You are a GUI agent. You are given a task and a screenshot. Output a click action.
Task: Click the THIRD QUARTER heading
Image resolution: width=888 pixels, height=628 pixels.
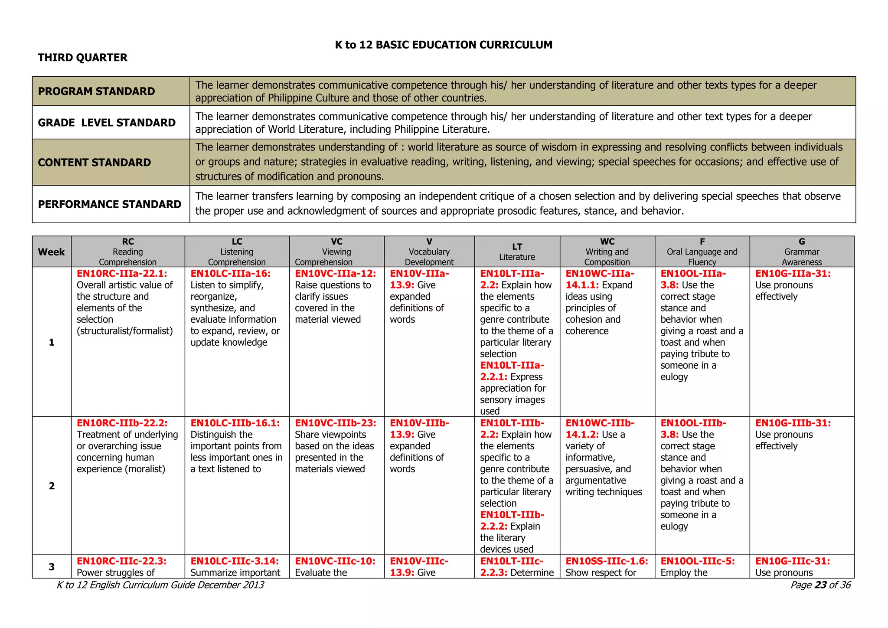coord(82,58)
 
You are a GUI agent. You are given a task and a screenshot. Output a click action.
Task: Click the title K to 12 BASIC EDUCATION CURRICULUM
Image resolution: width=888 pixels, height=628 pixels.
coord(444,45)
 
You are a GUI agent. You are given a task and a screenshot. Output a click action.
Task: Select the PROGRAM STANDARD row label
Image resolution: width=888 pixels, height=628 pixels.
coord(96,92)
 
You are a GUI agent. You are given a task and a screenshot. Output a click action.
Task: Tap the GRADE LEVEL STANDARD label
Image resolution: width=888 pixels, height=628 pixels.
coord(107,123)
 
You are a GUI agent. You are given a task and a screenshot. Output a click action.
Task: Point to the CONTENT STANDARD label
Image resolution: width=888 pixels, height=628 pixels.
coord(94,163)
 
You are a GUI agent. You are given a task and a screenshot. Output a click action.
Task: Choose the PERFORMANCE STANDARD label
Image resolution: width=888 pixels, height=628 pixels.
coord(109,204)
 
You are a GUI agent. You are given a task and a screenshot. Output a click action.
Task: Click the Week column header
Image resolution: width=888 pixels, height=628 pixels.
coord(51,252)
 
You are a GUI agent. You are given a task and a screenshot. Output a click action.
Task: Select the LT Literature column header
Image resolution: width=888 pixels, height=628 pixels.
coord(517,252)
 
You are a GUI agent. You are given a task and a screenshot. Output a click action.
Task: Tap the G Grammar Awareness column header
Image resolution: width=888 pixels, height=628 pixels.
coord(801,252)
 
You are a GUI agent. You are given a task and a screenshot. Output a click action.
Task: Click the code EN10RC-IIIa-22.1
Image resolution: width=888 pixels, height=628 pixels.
coord(122,274)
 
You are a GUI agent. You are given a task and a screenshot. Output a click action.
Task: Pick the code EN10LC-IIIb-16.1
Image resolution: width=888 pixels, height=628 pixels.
coord(235,423)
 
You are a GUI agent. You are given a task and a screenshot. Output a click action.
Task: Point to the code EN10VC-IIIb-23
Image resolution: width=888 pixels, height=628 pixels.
coord(336,423)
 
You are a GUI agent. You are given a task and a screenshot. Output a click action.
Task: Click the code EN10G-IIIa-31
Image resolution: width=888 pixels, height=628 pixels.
coord(793,274)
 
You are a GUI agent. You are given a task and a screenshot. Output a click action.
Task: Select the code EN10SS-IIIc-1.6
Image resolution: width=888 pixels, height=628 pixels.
coord(607,561)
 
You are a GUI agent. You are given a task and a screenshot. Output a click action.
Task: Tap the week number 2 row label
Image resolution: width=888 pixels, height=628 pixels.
coord(52,486)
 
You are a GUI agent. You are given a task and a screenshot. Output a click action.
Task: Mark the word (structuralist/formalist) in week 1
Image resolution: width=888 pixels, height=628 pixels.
coord(125,331)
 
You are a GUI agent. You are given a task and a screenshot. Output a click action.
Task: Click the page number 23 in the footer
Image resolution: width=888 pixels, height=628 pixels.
coord(820,585)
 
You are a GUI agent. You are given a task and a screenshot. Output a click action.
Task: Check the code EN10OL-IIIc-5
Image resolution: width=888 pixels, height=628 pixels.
coord(697,561)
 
